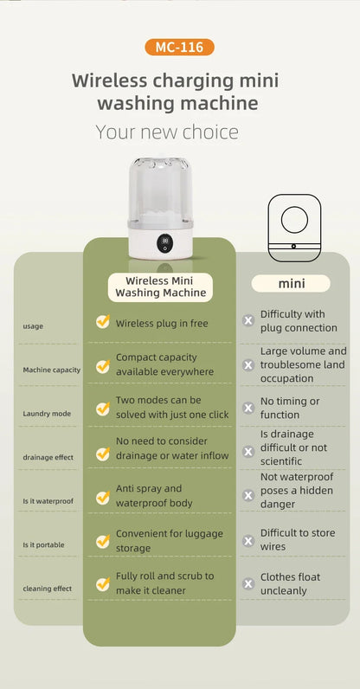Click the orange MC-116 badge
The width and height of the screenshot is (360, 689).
[179, 47]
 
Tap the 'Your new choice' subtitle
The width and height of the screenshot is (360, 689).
[167, 132]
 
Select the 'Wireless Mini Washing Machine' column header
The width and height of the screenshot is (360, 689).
[160, 287]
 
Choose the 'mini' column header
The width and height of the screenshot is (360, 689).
[291, 283]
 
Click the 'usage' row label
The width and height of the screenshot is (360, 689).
[33, 326]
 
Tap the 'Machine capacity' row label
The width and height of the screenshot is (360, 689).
[51, 370]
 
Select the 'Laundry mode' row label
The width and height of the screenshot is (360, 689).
[46, 413]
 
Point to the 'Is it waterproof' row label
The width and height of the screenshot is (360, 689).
[48, 500]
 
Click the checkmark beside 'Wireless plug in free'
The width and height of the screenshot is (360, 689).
[103, 322]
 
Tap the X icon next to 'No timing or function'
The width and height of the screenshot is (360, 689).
[248, 408]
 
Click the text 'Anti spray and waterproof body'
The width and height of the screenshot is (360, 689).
[154, 495]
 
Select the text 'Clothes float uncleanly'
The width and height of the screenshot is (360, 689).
[290, 583]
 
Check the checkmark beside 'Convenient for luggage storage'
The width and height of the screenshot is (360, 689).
[103, 541]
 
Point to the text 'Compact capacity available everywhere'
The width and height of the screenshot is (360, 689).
[164, 364]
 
